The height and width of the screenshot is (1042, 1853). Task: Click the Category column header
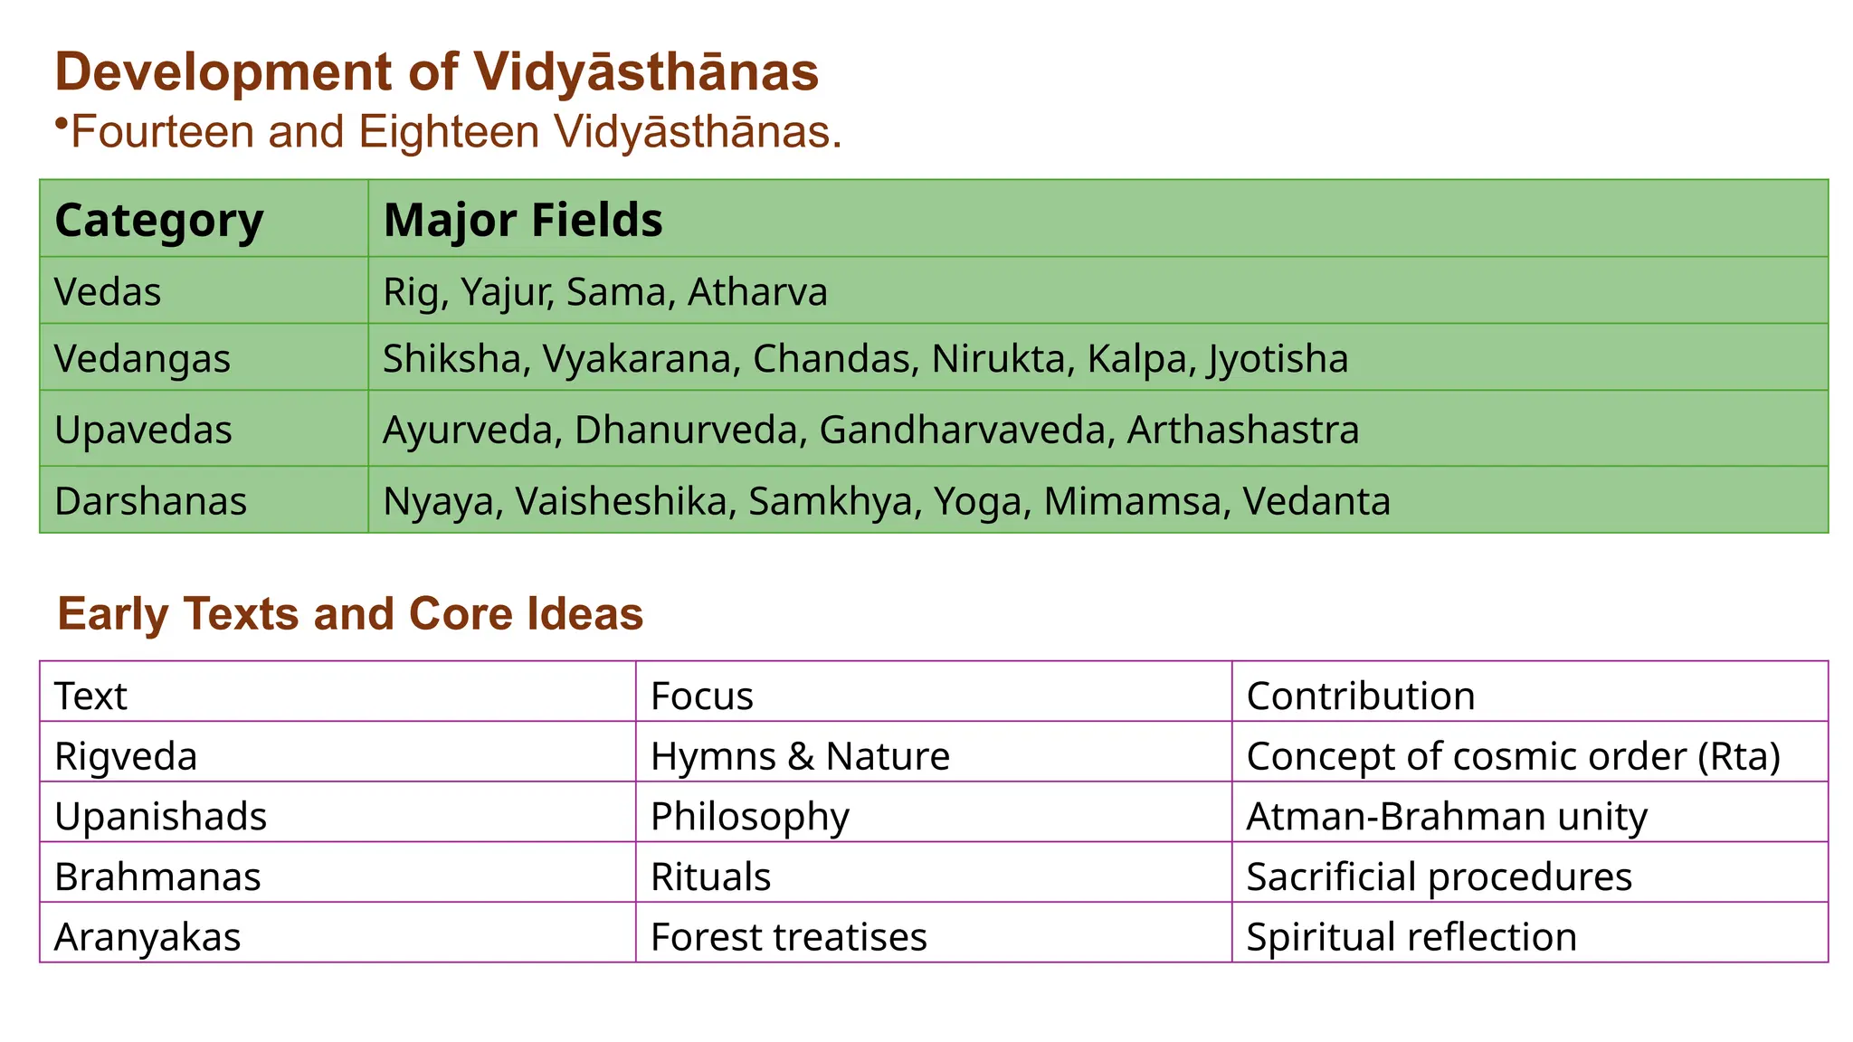pos(159,220)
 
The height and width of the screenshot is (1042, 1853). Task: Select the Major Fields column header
pos(523,220)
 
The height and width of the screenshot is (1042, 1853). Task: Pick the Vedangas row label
pos(142,358)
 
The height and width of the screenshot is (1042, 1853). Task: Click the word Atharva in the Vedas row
pos(757,292)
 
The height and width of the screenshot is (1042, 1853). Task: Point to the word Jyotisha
pos(1277,359)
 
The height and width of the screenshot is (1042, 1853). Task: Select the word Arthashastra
pos(1242,430)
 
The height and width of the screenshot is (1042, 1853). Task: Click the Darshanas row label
pos(150,501)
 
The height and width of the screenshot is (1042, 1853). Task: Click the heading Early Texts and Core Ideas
pos(350,614)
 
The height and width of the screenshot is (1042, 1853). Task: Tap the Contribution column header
pos(1360,696)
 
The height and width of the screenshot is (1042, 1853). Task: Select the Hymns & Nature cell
pos(800,756)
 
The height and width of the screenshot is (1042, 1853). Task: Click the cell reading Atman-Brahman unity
pos(1446,816)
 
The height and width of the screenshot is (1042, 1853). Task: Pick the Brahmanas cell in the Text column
pos(157,876)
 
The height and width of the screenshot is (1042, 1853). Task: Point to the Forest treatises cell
pos(788,937)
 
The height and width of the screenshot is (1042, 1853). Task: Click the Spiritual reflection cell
pos(1411,937)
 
